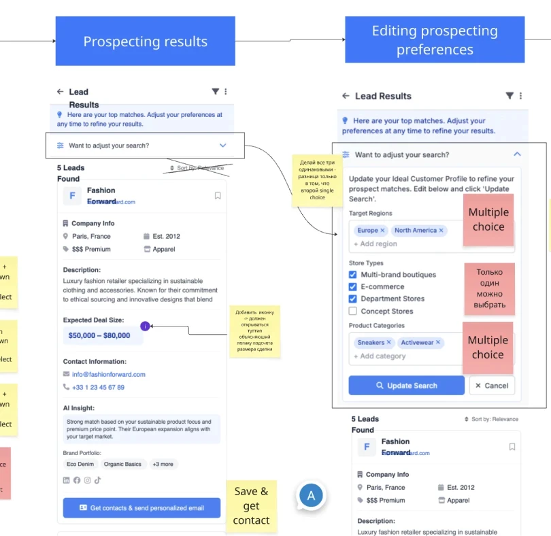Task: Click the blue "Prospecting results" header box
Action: point(145,41)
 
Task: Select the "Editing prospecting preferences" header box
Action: point(435,40)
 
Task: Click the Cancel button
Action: point(492,386)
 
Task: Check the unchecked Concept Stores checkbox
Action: point(352,311)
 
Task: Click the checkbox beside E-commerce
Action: point(352,287)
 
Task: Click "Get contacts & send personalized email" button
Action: point(141,508)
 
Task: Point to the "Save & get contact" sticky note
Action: point(251,505)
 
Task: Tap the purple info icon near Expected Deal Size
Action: point(145,326)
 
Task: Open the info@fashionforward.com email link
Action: point(109,374)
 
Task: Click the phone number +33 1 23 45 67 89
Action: point(98,387)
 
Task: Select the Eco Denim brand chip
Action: point(80,464)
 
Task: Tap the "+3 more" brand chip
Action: point(163,464)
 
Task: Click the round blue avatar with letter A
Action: point(312,496)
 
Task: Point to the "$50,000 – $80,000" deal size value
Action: point(99,335)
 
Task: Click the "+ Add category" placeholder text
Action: point(380,356)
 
